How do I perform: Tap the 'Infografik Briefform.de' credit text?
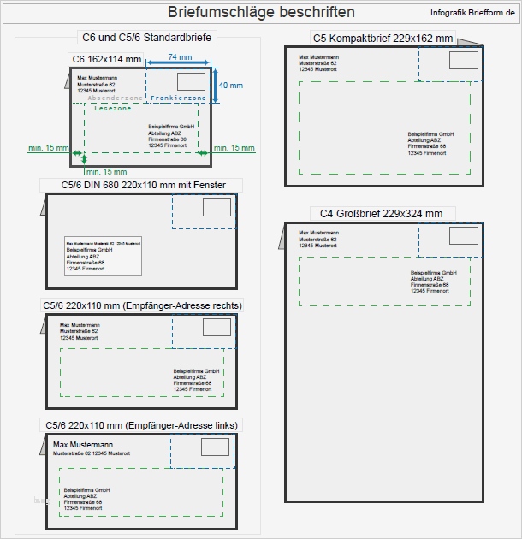pos(472,12)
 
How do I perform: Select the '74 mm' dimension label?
pos(179,56)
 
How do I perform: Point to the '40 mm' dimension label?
pos(231,86)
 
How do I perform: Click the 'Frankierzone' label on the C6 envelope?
pos(177,98)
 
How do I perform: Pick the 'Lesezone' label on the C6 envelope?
pos(113,109)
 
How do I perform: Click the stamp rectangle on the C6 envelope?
pos(191,81)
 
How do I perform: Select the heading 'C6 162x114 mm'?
pos(104,58)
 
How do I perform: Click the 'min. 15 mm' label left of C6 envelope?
pos(48,148)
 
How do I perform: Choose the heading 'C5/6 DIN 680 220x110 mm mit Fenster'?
pos(140,185)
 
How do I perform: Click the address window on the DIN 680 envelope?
pos(103,254)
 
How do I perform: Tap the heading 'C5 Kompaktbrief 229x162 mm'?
pos(383,38)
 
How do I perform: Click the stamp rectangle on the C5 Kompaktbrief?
pos(463,61)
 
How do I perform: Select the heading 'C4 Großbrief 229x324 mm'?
pos(381,213)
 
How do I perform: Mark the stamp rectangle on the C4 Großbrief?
pos(464,236)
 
